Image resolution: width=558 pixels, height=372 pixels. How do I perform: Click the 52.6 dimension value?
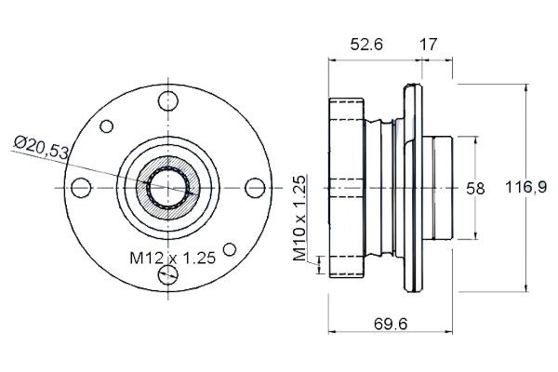pos(366,45)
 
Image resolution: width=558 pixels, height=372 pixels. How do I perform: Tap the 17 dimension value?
pos(428,45)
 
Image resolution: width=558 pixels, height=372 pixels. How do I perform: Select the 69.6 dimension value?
pos(391,324)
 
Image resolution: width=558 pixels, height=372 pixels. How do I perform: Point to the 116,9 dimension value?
pos(526,187)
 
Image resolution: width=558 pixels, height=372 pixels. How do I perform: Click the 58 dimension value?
pos(475,188)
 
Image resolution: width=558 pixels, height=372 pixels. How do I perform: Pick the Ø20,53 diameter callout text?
pos(41,147)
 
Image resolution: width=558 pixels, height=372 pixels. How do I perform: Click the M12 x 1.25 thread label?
pos(173,258)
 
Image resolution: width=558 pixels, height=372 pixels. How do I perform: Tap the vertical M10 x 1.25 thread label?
pos(299,218)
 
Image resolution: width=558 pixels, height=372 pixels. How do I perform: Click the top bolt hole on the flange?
pos(168,101)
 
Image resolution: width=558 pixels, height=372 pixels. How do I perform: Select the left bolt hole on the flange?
pos(81,188)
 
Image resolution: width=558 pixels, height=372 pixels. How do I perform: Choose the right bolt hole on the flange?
pos(255,188)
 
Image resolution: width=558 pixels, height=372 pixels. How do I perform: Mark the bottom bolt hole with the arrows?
pos(168,274)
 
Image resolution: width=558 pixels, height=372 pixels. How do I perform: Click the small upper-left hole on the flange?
pos(106,126)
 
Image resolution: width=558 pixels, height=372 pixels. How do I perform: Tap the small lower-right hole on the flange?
pos(230,249)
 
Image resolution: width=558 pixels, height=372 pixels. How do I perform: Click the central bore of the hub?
pos(168,188)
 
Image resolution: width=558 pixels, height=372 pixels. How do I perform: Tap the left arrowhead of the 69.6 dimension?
pos(332,332)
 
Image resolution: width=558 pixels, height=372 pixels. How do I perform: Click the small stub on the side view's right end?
pos(437,188)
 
